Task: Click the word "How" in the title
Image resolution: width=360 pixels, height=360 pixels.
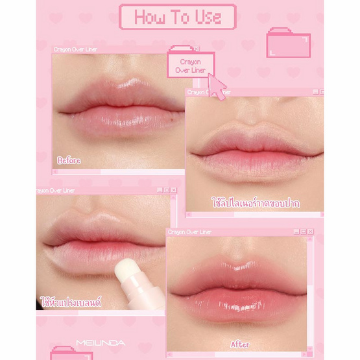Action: [x=150, y=18]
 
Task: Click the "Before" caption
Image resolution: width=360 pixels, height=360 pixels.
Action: [x=69, y=160]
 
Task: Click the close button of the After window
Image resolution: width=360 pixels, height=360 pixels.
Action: [x=311, y=232]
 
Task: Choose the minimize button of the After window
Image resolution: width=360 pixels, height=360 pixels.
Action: [x=296, y=232]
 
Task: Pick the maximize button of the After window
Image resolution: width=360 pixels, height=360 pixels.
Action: [x=304, y=232]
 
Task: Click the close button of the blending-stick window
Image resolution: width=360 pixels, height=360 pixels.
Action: [x=174, y=190]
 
